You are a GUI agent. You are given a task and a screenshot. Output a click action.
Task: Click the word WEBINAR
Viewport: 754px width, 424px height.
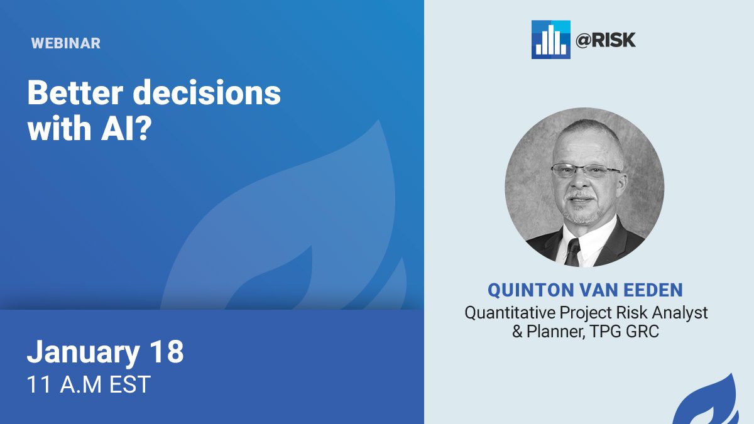point(65,43)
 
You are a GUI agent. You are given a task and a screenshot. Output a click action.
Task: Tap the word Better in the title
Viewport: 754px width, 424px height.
point(75,92)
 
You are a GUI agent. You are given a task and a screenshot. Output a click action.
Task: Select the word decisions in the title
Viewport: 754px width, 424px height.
point(207,92)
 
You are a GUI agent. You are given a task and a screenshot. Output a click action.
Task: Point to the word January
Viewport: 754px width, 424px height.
point(83,352)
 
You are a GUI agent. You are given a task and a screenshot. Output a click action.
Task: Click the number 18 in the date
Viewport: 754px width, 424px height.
point(167,351)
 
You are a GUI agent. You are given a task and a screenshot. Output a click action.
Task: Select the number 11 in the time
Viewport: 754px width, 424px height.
point(39,384)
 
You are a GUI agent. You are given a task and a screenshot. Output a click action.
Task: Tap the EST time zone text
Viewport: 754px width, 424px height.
point(129,384)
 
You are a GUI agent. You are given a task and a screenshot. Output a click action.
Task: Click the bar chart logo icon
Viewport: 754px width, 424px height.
point(550,40)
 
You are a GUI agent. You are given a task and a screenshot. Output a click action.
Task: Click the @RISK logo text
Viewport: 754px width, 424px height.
point(606,40)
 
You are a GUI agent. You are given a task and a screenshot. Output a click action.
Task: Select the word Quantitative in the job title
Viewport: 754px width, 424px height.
point(510,313)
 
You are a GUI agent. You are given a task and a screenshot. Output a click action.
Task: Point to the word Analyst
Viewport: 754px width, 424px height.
point(680,313)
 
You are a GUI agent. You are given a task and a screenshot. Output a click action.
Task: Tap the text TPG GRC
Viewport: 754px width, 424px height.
point(625,332)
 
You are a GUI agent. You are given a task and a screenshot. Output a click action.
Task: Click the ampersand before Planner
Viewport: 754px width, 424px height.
point(517,332)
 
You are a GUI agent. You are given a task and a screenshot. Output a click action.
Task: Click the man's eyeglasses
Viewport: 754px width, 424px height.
point(586,171)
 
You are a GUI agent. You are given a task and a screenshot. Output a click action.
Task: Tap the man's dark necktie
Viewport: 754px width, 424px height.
point(572,252)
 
